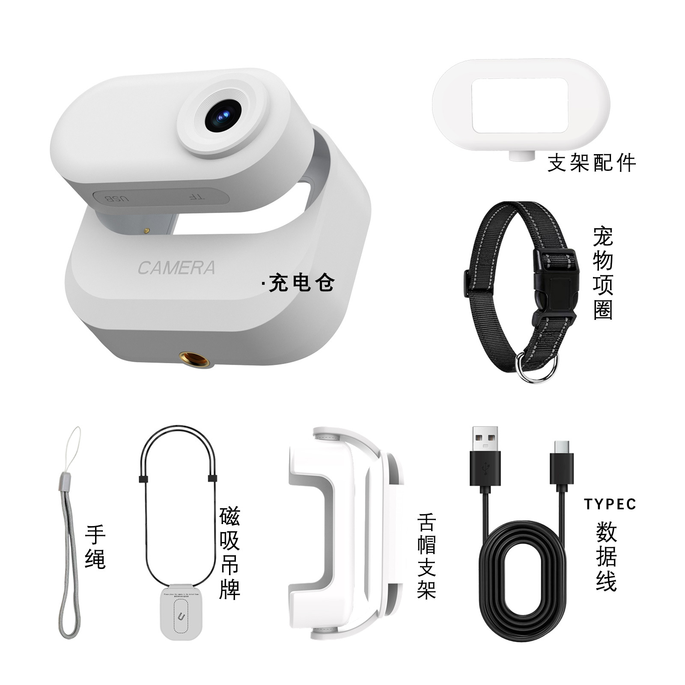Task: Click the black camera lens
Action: click(x=223, y=116)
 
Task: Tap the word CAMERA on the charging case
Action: click(x=176, y=268)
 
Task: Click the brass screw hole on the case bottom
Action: click(x=195, y=359)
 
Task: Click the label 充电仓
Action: click(x=301, y=283)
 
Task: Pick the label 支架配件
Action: click(x=592, y=163)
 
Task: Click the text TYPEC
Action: click(x=610, y=504)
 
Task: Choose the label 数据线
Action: click(x=606, y=557)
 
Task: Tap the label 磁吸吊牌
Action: click(x=229, y=553)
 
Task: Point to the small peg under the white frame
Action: click(x=521, y=156)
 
